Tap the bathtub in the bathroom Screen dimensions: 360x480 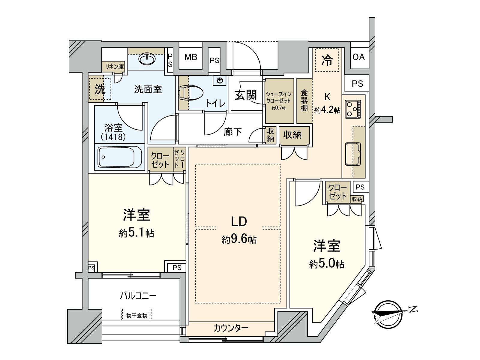(x=120, y=157)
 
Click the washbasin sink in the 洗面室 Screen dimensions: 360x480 (x=147, y=59)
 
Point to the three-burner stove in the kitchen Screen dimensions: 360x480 (x=353, y=109)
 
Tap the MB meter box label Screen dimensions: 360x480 (x=190, y=57)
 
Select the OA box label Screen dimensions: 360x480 (x=358, y=57)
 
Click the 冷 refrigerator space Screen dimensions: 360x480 (x=327, y=60)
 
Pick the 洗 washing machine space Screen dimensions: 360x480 (x=100, y=89)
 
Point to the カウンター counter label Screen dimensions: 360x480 (x=231, y=328)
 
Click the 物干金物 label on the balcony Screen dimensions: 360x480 (x=136, y=315)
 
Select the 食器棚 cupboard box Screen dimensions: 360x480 (x=304, y=100)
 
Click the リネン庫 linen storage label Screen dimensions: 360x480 (x=114, y=67)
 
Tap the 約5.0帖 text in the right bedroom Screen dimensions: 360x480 (x=327, y=264)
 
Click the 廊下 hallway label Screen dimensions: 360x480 (x=232, y=132)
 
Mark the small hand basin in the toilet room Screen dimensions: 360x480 (x=220, y=80)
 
